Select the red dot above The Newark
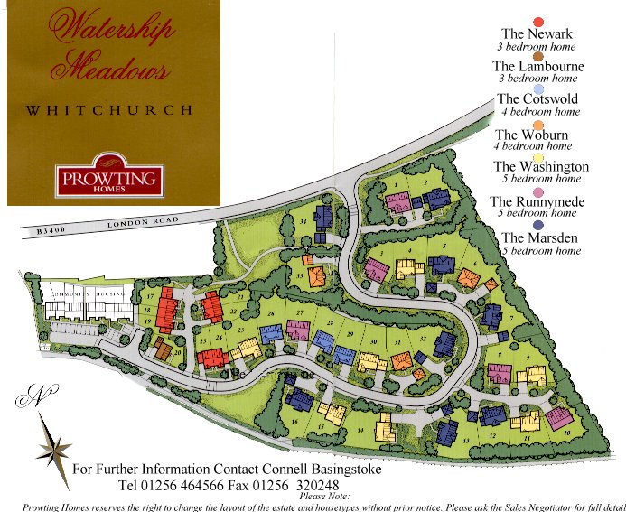pos(538,22)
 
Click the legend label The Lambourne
pos(537,66)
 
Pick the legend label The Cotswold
pos(537,99)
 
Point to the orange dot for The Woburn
pos(538,125)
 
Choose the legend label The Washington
pos(540,166)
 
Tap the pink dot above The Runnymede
pos(538,191)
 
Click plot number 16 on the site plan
pos(294,421)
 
